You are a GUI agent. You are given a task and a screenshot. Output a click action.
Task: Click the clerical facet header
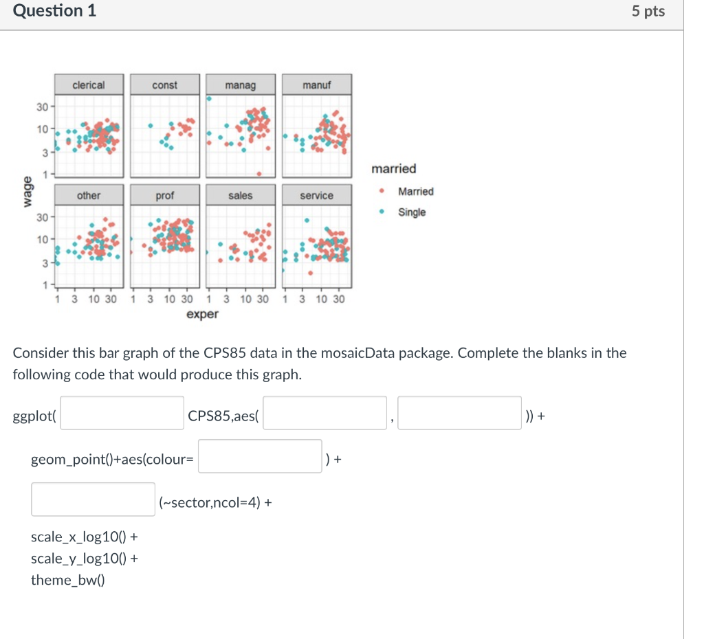[89, 85]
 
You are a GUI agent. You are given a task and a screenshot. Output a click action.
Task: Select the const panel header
[164, 85]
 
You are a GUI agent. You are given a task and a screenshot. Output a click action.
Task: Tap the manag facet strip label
[240, 85]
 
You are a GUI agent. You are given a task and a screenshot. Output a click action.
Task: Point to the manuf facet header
[316, 85]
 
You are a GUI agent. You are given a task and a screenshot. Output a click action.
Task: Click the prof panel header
[164, 196]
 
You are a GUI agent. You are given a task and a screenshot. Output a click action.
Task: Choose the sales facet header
[240, 196]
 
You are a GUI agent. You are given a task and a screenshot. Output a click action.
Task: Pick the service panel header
[316, 196]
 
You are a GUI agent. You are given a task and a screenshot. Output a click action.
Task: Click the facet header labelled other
[89, 196]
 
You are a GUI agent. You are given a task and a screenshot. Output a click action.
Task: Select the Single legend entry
[412, 212]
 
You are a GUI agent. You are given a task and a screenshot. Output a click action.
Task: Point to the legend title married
[393, 169]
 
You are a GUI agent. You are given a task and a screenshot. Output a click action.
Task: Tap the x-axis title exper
[202, 315]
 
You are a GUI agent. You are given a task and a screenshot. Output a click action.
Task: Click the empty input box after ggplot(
[122, 413]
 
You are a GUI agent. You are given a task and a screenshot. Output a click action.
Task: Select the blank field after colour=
[260, 456]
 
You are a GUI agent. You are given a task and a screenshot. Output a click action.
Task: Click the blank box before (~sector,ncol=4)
[93, 500]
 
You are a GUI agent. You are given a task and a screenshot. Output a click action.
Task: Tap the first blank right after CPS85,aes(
[324, 413]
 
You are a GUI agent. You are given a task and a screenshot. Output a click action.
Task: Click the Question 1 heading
[55, 11]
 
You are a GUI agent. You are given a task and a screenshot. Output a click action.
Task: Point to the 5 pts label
[648, 12]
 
